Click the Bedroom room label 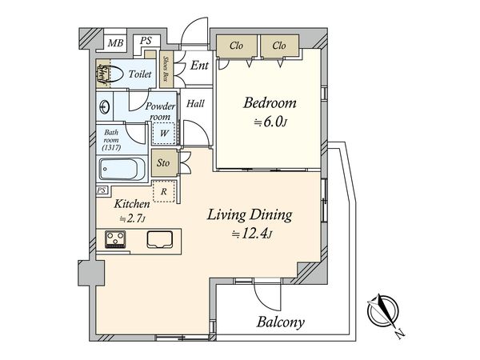click(270, 103)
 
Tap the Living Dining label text click(250, 215)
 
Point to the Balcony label click(281, 322)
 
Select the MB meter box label click(115, 43)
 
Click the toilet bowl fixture click(112, 74)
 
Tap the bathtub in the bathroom click(122, 170)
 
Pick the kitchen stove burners click(115, 239)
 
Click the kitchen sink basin click(159, 239)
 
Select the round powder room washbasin click(104, 107)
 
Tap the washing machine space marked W click(164, 133)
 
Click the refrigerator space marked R click(164, 191)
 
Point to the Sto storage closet click(164, 162)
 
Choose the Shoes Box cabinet click(166, 69)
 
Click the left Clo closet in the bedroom click(237, 46)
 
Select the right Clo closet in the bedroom click(279, 46)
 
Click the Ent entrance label click(199, 65)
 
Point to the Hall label click(195, 103)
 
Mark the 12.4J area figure click(251, 234)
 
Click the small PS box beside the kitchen click(102, 190)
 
